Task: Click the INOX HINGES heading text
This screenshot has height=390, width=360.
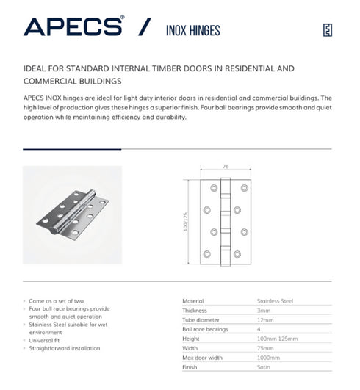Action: click(188, 30)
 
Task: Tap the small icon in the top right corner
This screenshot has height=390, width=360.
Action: click(328, 30)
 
